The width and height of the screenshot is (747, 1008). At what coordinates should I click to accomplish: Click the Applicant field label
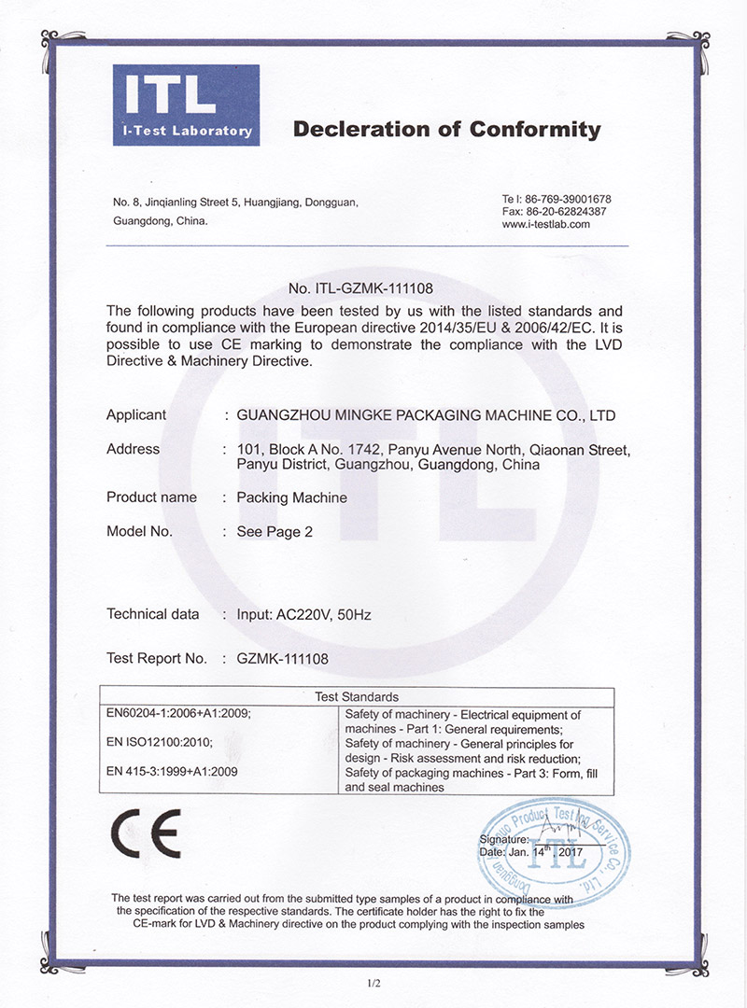136,415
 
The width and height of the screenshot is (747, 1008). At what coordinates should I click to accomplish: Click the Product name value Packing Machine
291,497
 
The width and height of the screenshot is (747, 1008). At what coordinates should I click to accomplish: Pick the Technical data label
152,614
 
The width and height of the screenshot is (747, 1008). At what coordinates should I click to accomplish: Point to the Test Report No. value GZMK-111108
283,659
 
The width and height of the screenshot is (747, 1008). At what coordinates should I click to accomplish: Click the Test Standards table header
356,696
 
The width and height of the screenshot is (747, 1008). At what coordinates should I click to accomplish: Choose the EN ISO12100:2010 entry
161,743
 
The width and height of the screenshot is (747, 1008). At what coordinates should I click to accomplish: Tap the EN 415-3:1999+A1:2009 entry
175,772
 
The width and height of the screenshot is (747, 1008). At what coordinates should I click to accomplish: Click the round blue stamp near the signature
555,844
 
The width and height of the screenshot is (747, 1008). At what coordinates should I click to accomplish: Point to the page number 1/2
374,982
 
